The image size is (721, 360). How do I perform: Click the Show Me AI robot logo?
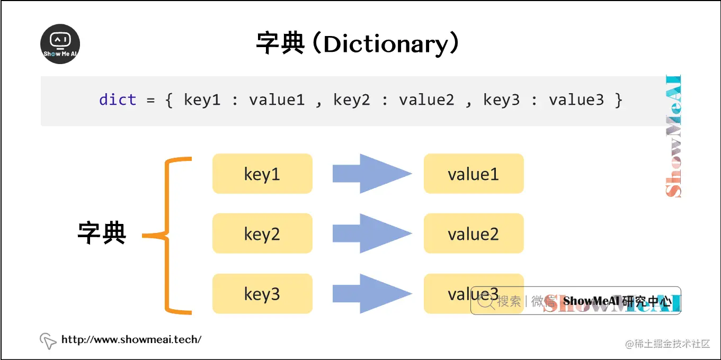[60, 44]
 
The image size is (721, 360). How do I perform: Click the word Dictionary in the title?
[386, 44]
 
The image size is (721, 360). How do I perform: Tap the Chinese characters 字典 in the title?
[280, 43]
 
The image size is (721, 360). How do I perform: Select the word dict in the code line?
[118, 100]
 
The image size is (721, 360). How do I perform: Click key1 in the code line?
[202, 100]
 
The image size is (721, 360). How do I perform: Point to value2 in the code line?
[426, 100]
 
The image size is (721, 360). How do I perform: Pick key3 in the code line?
[501, 100]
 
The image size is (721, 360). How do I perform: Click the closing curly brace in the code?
[618, 100]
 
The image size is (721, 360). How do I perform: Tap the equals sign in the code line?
[151, 100]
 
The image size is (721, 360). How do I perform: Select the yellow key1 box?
[262, 174]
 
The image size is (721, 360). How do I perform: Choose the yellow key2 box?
[262, 233]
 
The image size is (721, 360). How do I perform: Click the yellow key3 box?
[262, 294]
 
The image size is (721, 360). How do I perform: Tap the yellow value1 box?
[473, 174]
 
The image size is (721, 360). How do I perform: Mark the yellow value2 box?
[473, 233]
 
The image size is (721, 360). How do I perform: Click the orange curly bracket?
[168, 236]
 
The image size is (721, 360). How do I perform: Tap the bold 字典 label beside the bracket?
[102, 232]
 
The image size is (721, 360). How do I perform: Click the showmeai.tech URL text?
[131, 340]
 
